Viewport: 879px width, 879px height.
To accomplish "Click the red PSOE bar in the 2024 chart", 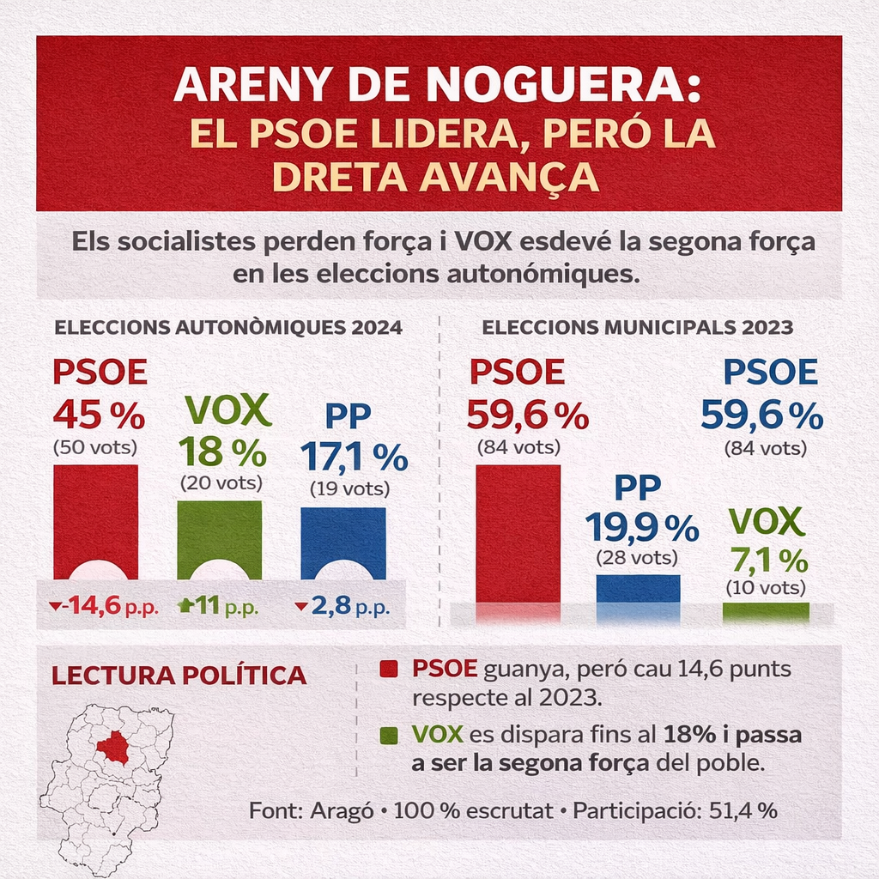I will (x=95, y=519).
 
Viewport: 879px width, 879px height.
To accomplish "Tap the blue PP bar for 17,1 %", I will (x=343, y=539).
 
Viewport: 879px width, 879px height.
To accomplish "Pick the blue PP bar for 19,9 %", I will (x=638, y=589).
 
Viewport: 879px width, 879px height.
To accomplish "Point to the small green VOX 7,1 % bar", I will (x=766, y=611).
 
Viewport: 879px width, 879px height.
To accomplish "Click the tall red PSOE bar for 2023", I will (x=518, y=532).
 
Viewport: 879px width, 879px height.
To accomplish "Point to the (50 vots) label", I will (x=95, y=446).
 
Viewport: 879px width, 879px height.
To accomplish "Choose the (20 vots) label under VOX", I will (x=221, y=482).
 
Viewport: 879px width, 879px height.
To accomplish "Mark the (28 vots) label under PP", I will (x=637, y=558).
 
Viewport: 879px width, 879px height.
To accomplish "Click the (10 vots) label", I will (x=766, y=588).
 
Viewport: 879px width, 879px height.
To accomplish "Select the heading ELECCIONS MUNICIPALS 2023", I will (x=637, y=327).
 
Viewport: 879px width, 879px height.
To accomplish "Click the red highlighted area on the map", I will (x=112, y=747).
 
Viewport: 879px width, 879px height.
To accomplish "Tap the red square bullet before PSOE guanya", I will (x=389, y=670).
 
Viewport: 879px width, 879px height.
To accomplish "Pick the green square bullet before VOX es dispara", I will (x=389, y=736).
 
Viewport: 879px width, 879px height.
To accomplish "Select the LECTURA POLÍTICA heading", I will (x=179, y=675).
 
